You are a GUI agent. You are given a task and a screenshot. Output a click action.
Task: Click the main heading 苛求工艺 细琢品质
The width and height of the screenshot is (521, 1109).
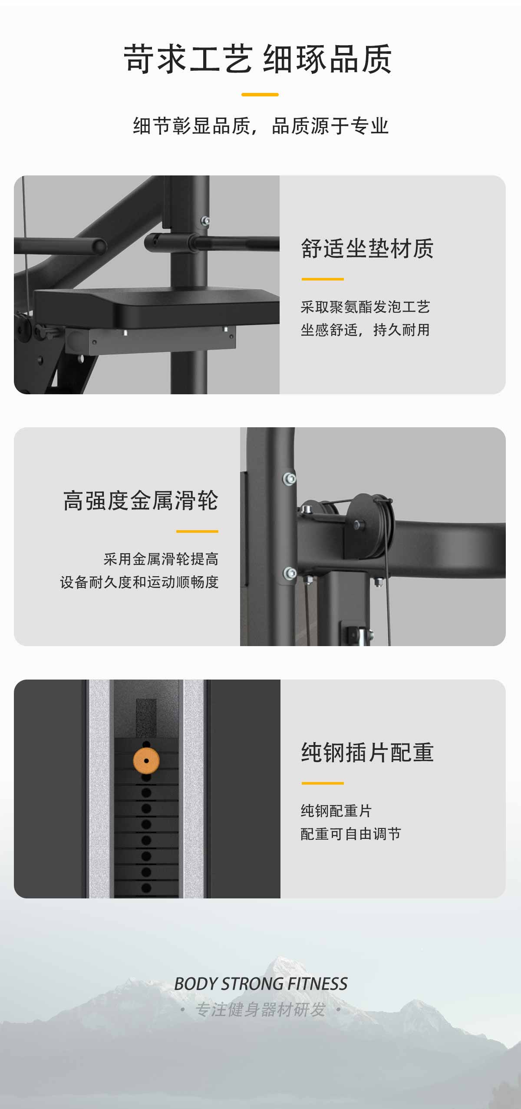tap(258, 59)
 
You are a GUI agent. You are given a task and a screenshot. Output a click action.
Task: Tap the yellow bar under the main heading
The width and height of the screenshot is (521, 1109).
tap(260, 94)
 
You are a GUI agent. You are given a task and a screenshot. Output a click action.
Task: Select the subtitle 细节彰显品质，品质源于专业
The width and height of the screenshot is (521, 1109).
tap(260, 126)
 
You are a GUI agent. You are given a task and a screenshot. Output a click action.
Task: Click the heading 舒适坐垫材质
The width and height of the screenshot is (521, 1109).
tap(367, 249)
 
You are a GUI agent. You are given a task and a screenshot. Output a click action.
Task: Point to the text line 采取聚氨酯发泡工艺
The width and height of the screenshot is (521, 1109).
tap(365, 307)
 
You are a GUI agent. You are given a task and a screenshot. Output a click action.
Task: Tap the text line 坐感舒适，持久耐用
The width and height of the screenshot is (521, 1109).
tap(365, 330)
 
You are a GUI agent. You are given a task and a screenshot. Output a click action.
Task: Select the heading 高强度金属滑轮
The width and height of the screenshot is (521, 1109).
tap(141, 501)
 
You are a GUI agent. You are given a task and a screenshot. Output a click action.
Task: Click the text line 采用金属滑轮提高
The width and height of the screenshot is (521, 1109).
tap(161, 559)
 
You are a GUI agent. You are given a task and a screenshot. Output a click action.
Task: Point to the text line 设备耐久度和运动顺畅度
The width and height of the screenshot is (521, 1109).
tap(139, 582)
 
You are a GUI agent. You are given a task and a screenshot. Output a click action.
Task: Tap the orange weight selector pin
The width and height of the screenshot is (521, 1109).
tap(146, 761)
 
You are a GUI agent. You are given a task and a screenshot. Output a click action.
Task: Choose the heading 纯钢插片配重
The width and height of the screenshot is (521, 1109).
tap(367, 753)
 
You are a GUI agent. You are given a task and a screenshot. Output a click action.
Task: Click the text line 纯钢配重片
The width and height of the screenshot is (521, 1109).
tap(336, 811)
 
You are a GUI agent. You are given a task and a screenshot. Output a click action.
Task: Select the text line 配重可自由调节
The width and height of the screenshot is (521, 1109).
tap(351, 834)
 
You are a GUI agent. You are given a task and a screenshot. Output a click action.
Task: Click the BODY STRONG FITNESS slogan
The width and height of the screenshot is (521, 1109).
tap(260, 984)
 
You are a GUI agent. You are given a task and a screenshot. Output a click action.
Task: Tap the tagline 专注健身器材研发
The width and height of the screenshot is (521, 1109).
tap(260, 1010)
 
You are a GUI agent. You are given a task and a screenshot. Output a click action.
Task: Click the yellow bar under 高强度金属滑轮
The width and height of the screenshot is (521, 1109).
tap(197, 531)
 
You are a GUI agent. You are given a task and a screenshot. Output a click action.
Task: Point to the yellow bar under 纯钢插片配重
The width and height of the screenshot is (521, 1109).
tap(323, 783)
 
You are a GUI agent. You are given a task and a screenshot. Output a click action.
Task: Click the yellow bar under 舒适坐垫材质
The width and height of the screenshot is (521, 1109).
tap(323, 279)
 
